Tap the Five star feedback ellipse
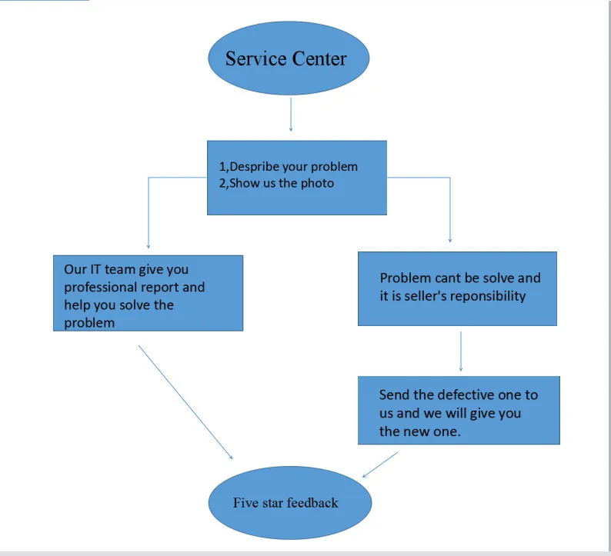(x=290, y=503)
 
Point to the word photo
(x=317, y=184)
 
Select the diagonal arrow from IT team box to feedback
(x=185, y=401)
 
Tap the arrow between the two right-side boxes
(x=460, y=351)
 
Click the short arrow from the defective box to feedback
(x=380, y=464)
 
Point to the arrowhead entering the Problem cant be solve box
(x=449, y=240)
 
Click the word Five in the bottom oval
(x=245, y=503)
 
